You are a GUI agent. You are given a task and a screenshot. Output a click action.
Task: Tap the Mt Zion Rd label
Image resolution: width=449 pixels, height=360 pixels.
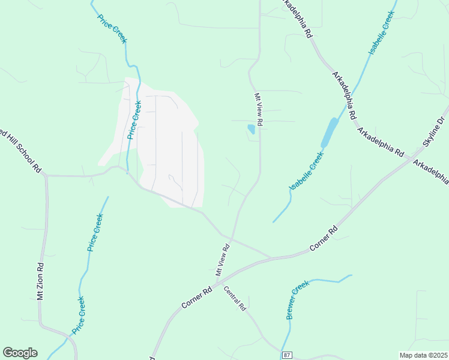40,281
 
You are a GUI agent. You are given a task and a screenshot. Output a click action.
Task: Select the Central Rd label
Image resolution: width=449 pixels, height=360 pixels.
235,298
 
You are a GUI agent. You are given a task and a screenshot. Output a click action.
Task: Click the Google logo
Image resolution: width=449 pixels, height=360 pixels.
20,353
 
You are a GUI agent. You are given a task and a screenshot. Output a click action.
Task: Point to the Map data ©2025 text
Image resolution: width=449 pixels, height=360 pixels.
423,355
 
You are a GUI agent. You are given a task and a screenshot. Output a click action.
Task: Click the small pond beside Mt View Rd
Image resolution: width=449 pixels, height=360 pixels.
251,128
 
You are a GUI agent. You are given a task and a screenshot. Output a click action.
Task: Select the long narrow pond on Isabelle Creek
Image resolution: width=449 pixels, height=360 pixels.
329,132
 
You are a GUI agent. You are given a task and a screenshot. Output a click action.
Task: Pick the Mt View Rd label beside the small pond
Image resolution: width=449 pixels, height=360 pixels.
259,109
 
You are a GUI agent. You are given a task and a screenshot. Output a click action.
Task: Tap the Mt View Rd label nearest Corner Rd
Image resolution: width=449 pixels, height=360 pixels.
223,259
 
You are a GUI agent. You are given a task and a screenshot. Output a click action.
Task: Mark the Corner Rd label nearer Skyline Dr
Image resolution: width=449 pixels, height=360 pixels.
324,239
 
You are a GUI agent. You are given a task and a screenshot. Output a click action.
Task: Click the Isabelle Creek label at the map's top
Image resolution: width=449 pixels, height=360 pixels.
382,33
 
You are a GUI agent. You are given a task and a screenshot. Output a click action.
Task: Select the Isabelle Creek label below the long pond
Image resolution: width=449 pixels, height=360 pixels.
307,171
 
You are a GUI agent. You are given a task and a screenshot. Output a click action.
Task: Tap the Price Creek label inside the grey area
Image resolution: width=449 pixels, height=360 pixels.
134,120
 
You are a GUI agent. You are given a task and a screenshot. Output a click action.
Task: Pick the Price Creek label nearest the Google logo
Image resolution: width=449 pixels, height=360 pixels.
79,315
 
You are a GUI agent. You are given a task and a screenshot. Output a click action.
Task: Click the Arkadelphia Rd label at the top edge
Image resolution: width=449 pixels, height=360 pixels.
298,19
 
